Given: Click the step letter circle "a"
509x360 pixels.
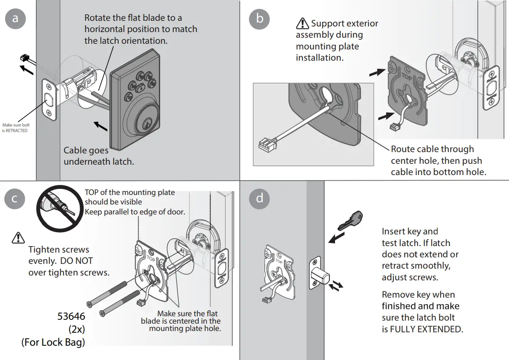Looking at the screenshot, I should (16, 19).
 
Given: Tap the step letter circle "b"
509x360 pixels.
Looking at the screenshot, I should (259, 19).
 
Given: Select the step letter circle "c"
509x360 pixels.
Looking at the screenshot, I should (15, 198).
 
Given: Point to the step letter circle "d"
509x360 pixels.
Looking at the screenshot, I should (259, 198).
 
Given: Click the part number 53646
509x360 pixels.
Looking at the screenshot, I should (71, 317).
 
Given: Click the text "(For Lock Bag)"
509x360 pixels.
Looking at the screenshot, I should (53, 342).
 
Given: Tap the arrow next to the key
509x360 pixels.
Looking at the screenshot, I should (336, 238).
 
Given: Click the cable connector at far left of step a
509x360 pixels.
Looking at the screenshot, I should (25, 59).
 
